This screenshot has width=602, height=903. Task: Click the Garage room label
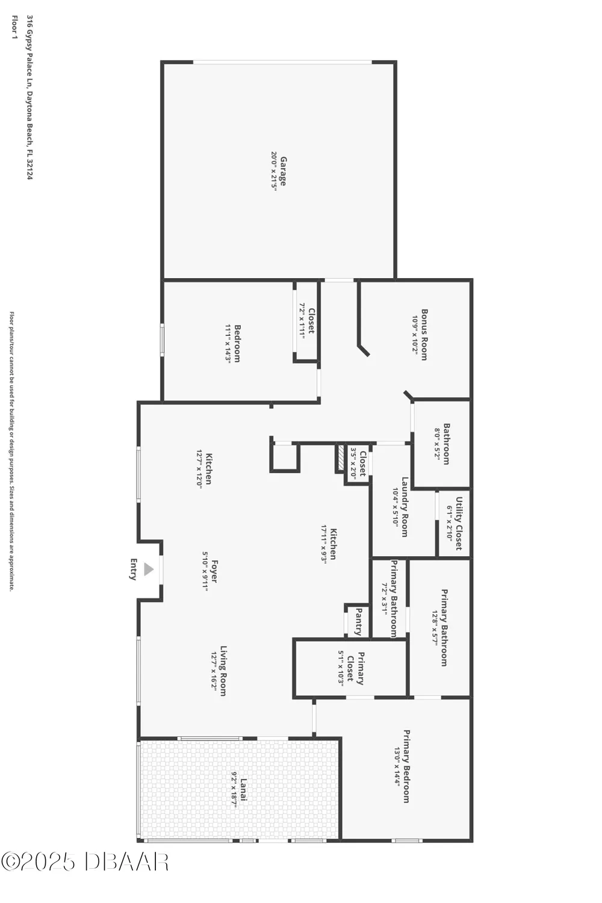pos(283,172)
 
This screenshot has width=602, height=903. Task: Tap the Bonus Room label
pos(424,335)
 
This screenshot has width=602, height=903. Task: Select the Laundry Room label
pos(405,507)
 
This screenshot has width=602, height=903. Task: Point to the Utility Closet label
pos(459,523)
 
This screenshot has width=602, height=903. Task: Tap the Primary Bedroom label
pos(406,766)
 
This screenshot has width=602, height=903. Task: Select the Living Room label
pos(223,671)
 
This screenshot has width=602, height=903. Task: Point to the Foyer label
pos(214,571)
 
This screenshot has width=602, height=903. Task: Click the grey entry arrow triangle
pos(149,569)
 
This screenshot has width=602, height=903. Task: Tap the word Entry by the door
pos(134,569)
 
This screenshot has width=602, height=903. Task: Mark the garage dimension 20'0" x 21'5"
pos(274,172)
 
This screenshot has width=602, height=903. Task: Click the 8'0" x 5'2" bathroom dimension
pos(438,444)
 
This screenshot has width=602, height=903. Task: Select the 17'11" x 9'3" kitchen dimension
pos(324,544)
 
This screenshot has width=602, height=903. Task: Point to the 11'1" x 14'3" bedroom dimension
pos(228,344)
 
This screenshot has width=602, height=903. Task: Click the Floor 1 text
pos(14,28)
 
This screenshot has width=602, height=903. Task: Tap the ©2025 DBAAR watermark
pos(84,861)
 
